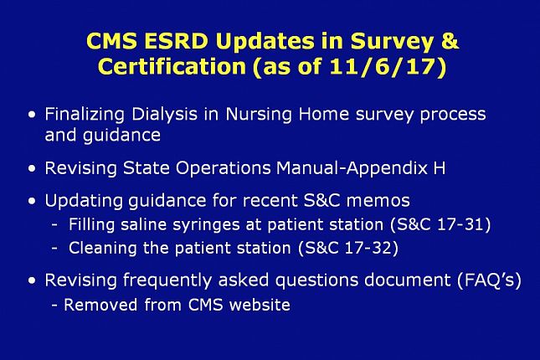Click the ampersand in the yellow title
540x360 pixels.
(450, 41)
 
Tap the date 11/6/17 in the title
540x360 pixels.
(383, 66)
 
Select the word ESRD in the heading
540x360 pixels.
(177, 41)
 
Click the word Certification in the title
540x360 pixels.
(172, 66)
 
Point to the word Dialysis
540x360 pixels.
(165, 115)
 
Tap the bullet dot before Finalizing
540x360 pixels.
(32, 115)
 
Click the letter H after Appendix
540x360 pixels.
(439, 168)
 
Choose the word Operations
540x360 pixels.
(224, 169)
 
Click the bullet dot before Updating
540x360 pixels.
(32, 200)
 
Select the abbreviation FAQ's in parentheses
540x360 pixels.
(489, 280)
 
